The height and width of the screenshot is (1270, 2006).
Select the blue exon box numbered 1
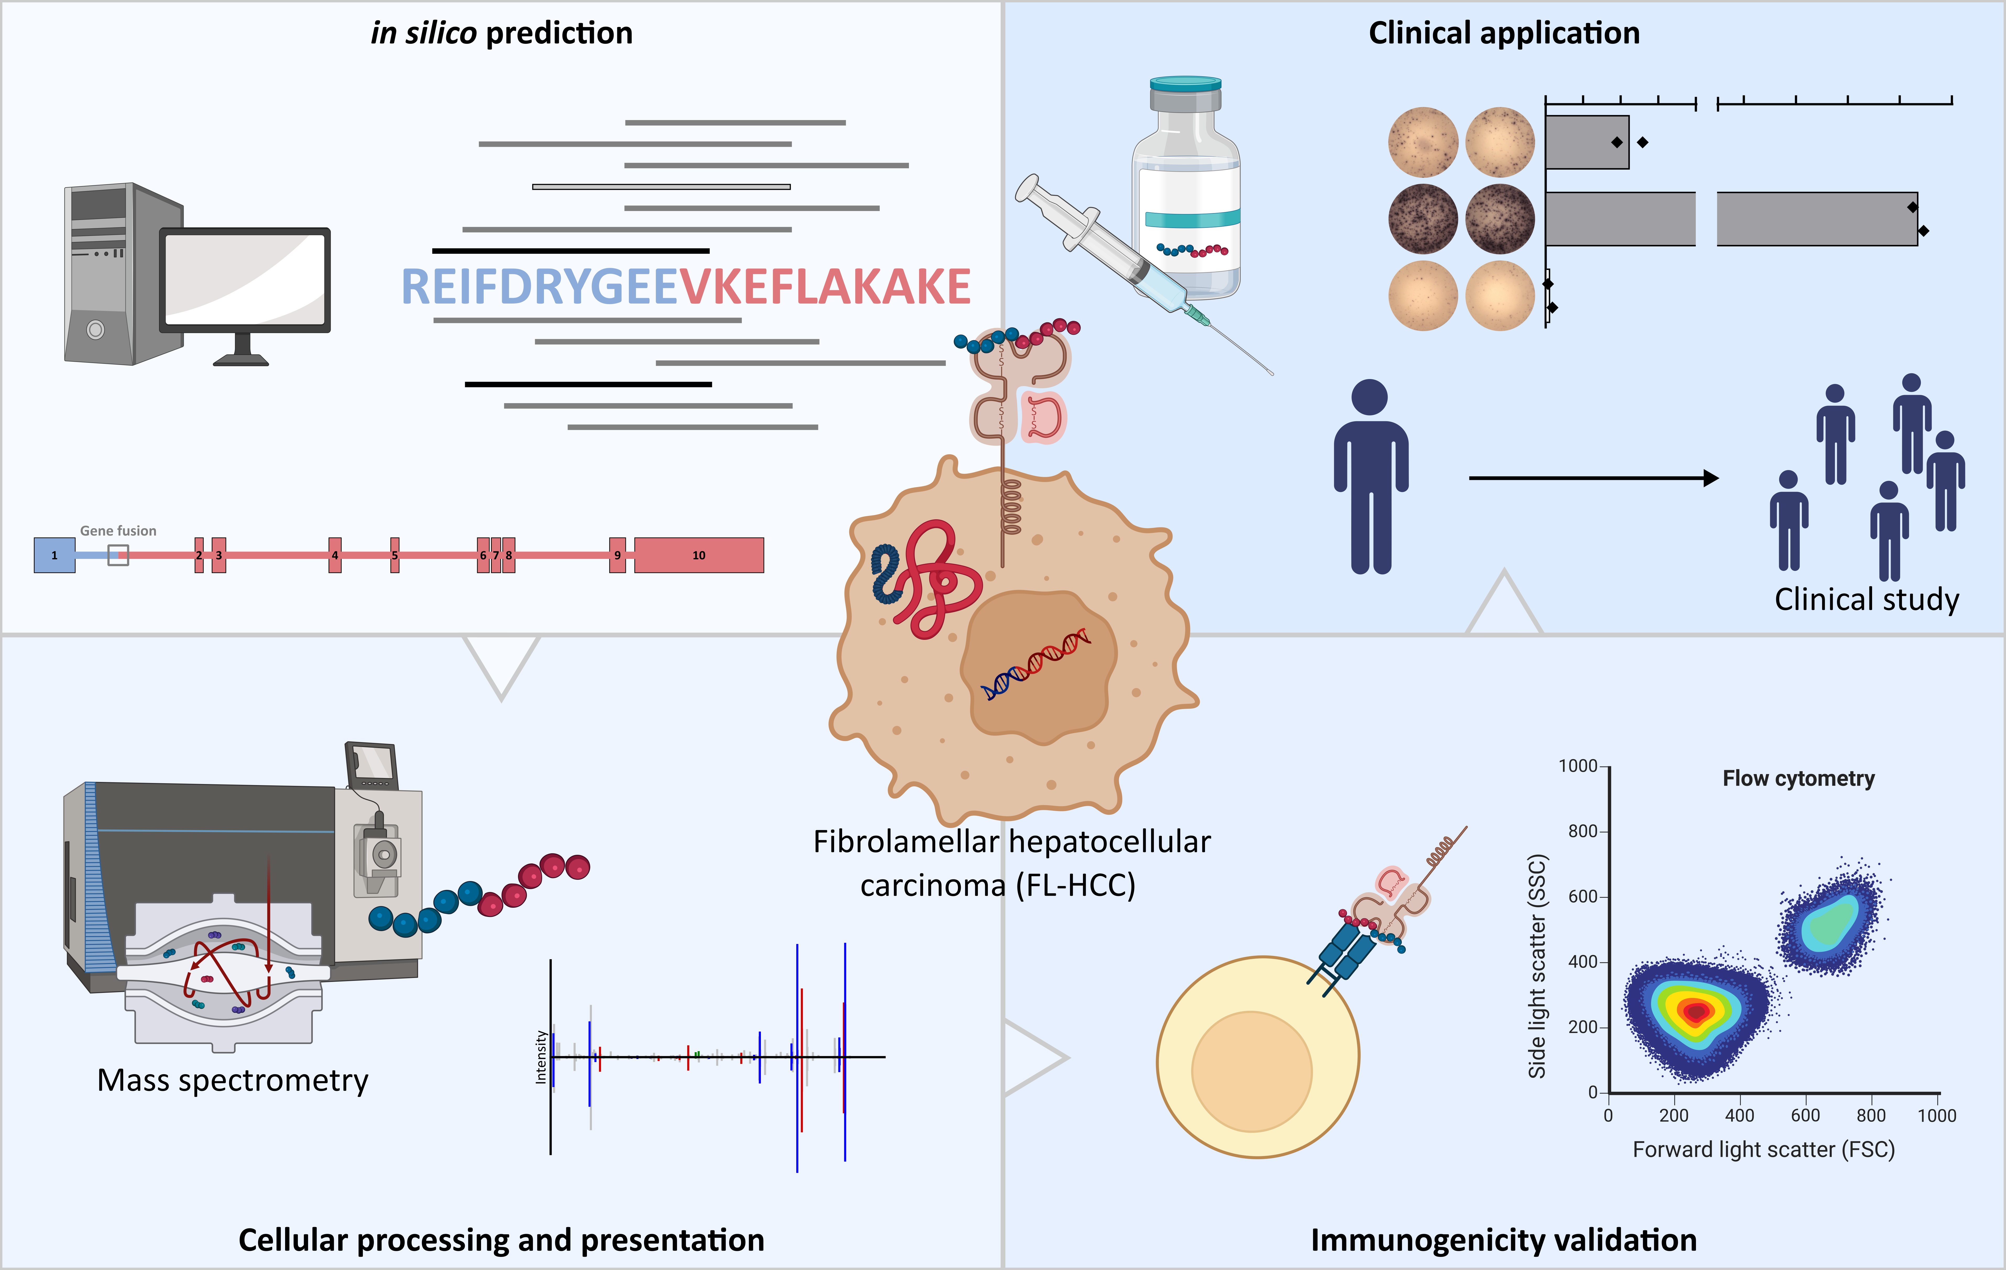(54, 555)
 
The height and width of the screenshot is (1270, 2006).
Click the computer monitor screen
(245, 279)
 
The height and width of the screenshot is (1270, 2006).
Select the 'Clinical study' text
(1866, 599)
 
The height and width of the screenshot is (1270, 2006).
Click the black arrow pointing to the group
(1591, 478)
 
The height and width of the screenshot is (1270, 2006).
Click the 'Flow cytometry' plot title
(1798, 778)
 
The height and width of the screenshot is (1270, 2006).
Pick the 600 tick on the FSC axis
(1805, 1115)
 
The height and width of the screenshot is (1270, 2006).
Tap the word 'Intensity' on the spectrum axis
(541, 1057)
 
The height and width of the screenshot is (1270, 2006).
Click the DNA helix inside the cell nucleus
(1035, 664)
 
